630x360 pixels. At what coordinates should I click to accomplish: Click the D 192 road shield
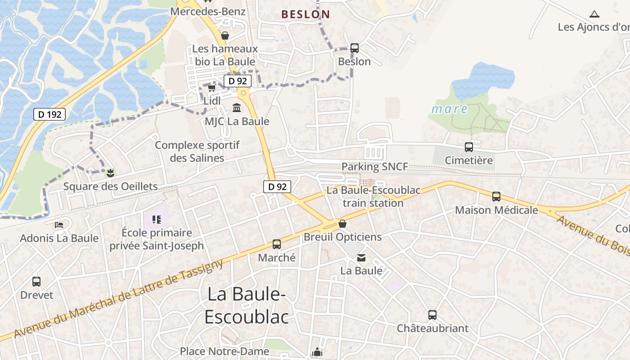(x=49, y=114)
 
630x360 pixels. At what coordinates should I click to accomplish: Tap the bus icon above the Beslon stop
(x=354, y=48)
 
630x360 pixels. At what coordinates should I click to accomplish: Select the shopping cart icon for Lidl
(x=211, y=88)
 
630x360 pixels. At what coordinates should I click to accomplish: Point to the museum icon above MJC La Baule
(x=237, y=108)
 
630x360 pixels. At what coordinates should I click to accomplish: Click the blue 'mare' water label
(x=450, y=109)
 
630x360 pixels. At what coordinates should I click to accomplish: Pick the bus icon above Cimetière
(x=468, y=147)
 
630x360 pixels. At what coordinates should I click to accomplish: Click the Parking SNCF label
(x=374, y=166)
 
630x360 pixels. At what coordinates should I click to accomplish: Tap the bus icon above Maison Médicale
(x=496, y=196)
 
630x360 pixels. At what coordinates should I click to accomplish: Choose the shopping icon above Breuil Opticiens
(x=342, y=224)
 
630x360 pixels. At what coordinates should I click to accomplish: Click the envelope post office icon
(x=361, y=258)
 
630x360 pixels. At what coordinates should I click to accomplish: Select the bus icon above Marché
(x=276, y=244)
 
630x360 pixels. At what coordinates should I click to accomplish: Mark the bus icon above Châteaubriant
(x=432, y=315)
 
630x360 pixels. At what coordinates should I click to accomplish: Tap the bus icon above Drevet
(x=36, y=282)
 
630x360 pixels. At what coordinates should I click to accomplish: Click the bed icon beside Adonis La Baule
(x=59, y=225)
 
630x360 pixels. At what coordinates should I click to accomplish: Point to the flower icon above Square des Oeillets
(x=110, y=173)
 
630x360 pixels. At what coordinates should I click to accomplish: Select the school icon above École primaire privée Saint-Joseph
(x=157, y=220)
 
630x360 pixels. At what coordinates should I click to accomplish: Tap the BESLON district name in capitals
(x=306, y=14)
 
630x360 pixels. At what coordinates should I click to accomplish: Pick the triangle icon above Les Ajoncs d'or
(x=594, y=14)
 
